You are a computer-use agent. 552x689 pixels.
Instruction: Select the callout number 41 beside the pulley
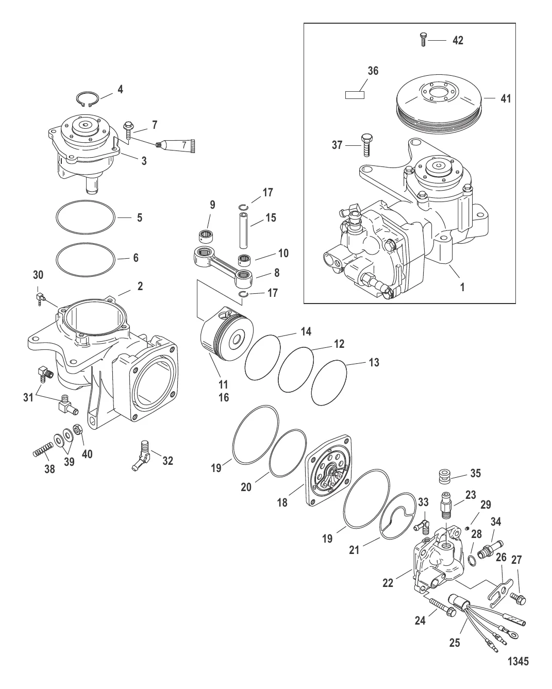(506, 98)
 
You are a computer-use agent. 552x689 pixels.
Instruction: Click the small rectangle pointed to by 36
(355, 95)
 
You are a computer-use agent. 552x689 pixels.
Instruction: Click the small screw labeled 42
(423, 40)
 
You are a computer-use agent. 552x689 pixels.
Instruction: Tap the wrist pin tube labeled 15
(243, 230)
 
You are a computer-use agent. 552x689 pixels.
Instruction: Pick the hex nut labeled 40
(78, 429)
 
